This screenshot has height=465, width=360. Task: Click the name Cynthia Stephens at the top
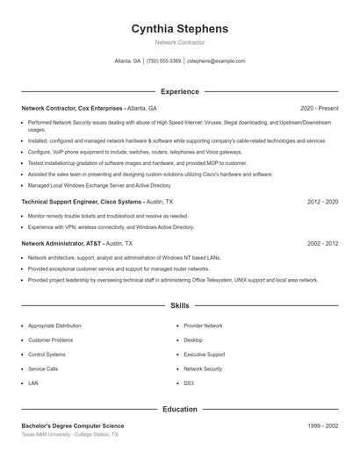179,29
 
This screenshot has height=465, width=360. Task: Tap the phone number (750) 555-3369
163,61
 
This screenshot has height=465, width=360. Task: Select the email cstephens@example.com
216,61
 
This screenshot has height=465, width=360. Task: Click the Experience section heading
179,91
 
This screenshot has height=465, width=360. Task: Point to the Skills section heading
179,306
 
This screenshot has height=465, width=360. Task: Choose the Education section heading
179,409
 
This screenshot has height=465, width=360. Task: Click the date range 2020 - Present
319,108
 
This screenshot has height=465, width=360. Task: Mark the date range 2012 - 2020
322,202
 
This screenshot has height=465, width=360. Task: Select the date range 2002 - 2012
322,243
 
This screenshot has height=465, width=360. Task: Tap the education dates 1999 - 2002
322,425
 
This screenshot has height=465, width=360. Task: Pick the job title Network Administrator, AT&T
61,243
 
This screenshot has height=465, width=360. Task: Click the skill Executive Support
204,354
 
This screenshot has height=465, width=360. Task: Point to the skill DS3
188,383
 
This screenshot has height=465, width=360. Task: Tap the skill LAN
33,383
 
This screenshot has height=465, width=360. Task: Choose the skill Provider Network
203,325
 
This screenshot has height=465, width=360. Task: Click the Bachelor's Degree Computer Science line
79,425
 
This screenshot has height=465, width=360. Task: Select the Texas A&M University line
69,434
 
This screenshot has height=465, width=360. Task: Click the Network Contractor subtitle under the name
179,42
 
